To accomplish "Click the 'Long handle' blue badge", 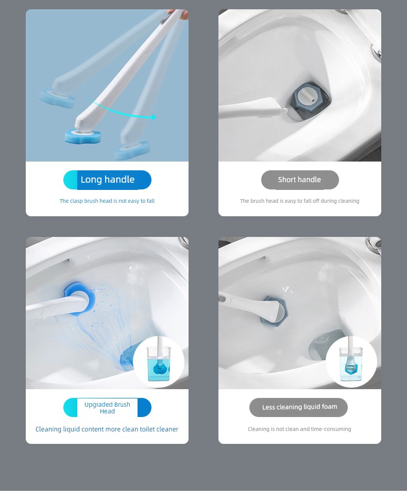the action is [107, 180].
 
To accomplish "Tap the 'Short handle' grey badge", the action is [300, 180].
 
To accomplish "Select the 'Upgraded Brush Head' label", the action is [107, 407].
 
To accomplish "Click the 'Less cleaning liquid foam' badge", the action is [298, 407].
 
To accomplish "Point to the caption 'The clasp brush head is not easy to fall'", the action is [107, 201].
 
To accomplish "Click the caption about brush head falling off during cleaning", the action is [300, 201].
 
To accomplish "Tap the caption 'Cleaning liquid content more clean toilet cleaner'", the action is [107, 429].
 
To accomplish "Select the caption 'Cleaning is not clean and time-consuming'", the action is [299, 429].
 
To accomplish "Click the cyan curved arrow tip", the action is [155, 117].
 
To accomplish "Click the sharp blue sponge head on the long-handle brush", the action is [83, 136].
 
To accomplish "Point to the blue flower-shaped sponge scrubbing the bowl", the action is [79, 297].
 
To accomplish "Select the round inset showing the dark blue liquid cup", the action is [159, 362].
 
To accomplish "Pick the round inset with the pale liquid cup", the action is [351, 362].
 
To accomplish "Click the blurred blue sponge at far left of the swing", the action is [57, 99].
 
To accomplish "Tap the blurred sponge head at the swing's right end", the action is [132, 150].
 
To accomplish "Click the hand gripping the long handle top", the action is [178, 13].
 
